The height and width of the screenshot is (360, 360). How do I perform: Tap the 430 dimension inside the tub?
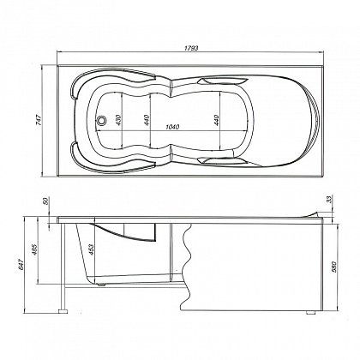[x=120, y=123]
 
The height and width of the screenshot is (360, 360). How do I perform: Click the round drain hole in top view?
[x=102, y=122]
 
